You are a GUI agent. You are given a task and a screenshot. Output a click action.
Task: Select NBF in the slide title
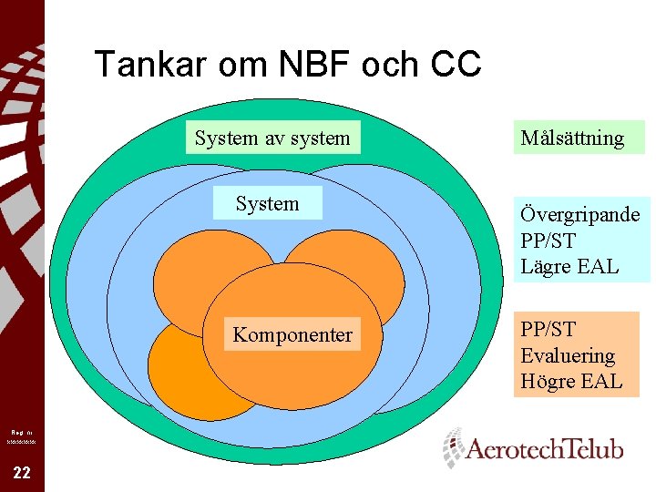(x=295, y=65)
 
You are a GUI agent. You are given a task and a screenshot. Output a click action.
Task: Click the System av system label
(x=272, y=138)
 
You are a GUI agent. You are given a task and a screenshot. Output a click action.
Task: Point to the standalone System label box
(x=266, y=204)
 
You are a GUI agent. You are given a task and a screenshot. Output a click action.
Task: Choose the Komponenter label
(x=292, y=335)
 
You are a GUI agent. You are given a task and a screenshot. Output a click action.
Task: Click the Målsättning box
(x=572, y=138)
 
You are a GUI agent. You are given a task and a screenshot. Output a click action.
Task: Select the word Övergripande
(x=579, y=215)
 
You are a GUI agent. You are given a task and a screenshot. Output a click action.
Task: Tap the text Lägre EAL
(x=569, y=267)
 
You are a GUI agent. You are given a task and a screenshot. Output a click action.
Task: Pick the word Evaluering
(x=568, y=355)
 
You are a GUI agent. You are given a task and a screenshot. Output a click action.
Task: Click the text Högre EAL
(x=571, y=382)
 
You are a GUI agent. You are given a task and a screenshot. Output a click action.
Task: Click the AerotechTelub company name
(x=545, y=449)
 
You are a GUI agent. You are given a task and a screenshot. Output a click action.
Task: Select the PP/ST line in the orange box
(x=548, y=329)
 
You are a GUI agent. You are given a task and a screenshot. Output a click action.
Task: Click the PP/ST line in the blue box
(x=548, y=241)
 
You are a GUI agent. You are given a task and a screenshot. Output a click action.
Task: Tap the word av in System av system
(x=272, y=138)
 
